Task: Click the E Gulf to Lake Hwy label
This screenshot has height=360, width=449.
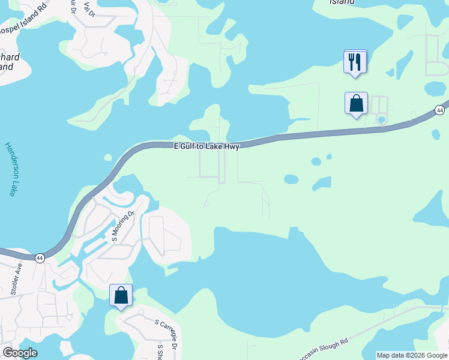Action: [206, 146]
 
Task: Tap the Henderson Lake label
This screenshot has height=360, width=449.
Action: [10, 169]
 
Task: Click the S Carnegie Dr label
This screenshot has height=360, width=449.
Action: [166, 334]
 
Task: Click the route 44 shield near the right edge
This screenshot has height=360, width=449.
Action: [440, 110]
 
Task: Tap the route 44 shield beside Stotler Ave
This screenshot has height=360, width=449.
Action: [40, 257]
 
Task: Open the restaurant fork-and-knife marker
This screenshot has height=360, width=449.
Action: [355, 61]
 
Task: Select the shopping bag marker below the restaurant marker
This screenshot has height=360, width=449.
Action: [356, 103]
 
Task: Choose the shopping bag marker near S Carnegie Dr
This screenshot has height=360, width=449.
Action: [121, 295]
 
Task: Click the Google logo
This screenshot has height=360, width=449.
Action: [20, 353]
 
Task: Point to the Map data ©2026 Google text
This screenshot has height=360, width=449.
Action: [412, 355]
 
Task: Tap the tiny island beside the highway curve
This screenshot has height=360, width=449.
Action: [108, 158]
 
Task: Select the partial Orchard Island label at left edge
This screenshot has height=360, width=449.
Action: [10, 62]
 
